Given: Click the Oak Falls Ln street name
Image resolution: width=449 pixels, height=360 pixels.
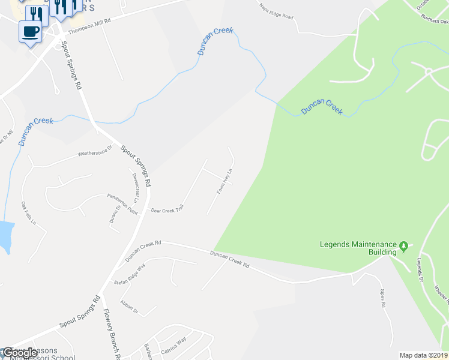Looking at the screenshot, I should (29, 214).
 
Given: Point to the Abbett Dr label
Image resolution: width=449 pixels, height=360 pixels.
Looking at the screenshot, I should (129, 307).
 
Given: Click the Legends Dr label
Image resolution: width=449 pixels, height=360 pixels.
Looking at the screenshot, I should (420, 271).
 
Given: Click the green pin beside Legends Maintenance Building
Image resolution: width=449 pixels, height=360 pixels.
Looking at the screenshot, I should (405, 246).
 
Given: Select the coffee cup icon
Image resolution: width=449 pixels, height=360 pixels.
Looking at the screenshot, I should (30, 31).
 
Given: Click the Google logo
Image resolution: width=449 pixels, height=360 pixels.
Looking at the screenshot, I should (19, 353).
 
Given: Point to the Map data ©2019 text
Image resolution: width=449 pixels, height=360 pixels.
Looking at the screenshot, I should (424, 355).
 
